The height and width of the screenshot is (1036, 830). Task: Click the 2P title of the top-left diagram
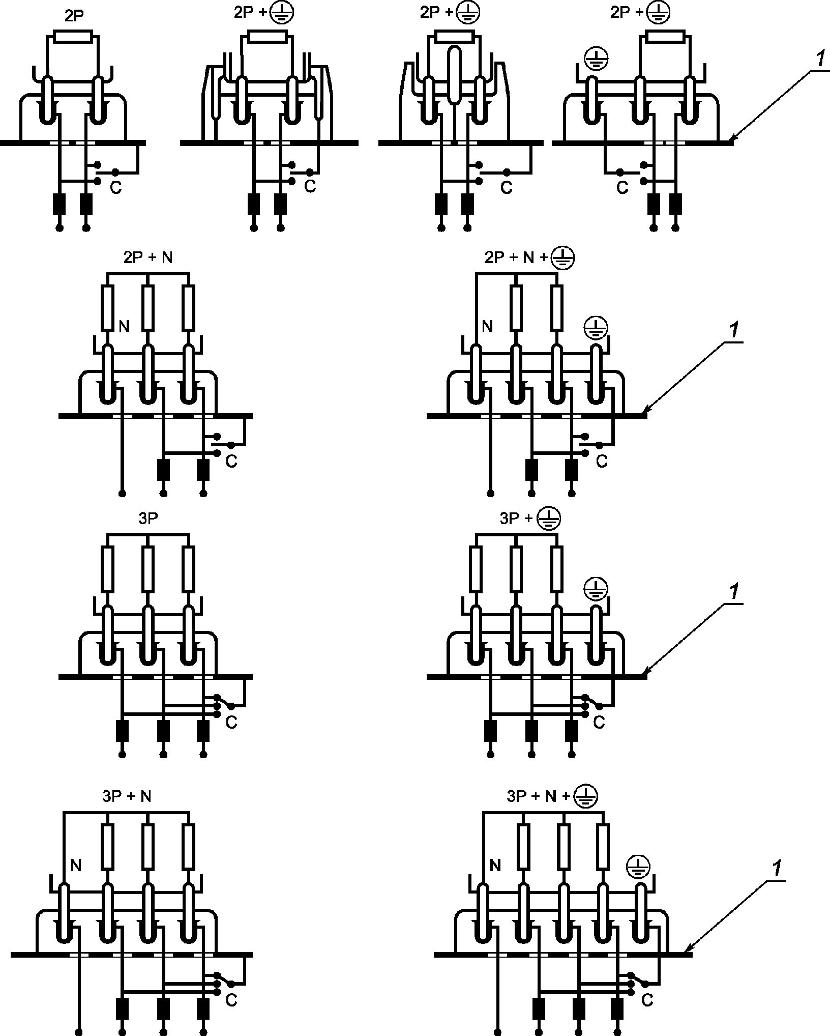74,16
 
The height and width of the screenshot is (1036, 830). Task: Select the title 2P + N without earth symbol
148,258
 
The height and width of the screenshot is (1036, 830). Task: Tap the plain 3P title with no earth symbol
148,518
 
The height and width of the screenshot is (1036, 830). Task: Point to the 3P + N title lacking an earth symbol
127,796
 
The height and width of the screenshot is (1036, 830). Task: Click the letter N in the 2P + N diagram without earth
124,326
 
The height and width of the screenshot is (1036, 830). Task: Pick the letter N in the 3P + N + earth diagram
494,865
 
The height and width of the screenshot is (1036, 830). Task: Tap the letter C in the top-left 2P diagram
116,188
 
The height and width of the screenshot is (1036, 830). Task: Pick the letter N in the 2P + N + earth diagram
487,326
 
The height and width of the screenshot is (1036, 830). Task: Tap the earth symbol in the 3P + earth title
548,519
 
